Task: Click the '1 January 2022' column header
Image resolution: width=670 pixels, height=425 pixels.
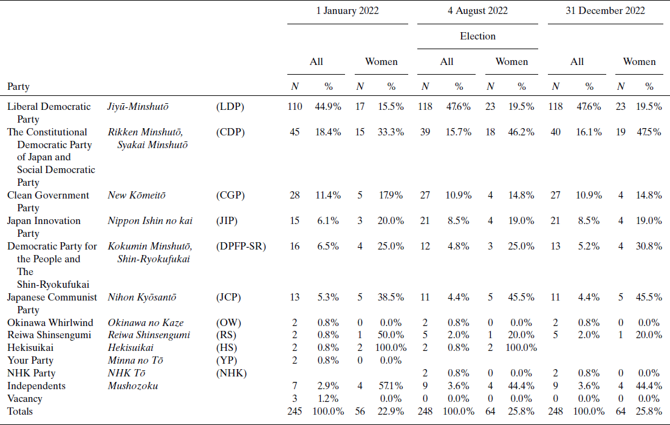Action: [x=347, y=11]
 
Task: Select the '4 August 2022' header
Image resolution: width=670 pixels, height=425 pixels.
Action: [x=477, y=11]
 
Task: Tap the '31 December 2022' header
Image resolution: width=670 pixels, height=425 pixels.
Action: [x=606, y=11]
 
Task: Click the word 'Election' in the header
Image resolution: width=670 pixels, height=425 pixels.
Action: [x=477, y=36]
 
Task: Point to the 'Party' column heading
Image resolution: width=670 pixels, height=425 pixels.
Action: [x=18, y=87]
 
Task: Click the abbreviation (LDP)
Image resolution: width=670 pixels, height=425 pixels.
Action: [x=230, y=107]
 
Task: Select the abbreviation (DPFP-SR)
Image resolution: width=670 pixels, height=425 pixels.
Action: [x=241, y=246]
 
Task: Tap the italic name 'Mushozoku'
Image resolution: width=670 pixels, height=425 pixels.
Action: [x=133, y=386]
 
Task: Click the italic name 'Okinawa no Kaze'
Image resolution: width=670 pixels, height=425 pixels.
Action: [x=146, y=323]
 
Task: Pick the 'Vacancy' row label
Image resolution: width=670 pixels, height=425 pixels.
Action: [x=25, y=399]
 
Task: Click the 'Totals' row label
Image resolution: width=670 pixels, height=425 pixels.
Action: [x=20, y=411]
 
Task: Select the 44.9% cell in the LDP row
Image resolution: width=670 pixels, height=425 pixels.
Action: [x=328, y=107]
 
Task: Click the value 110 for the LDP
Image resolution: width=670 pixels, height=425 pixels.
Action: [x=295, y=107]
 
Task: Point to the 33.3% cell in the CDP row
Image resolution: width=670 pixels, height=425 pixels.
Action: [x=391, y=132]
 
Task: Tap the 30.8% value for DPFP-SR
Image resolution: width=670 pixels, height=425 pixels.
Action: [x=649, y=246]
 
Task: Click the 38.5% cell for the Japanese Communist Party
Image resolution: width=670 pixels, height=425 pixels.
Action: [x=391, y=297]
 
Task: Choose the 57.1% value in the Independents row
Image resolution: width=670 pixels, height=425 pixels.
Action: [x=391, y=386]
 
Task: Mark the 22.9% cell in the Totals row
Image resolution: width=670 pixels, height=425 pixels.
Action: [x=391, y=411]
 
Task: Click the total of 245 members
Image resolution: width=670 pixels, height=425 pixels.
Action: [x=295, y=411]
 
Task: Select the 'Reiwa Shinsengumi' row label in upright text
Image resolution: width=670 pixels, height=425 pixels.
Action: [x=49, y=335]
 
